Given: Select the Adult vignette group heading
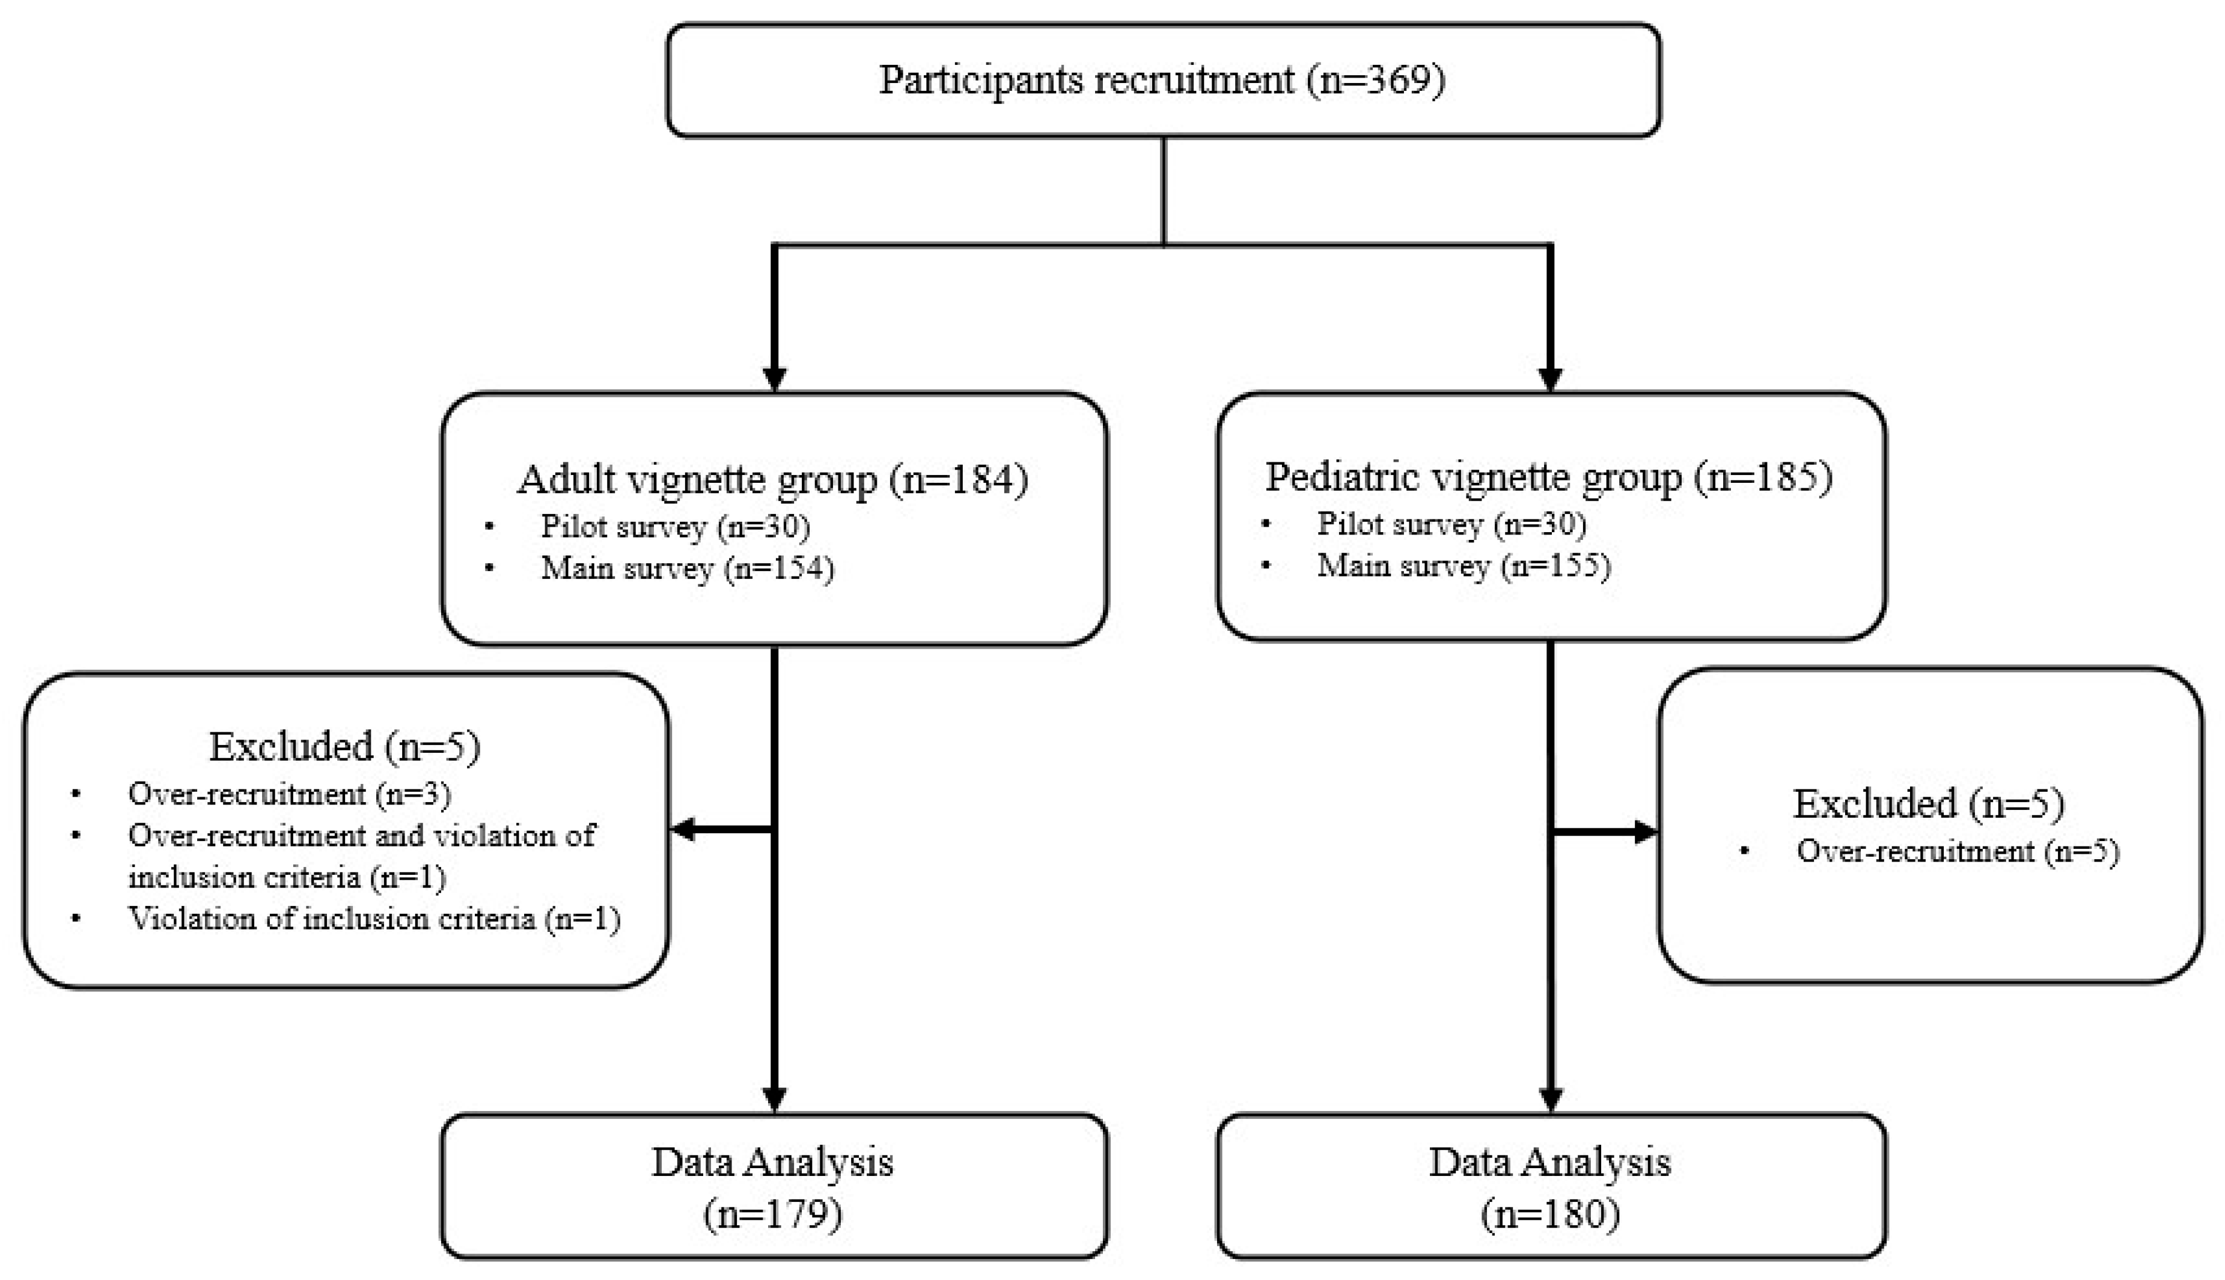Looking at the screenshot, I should [x=772, y=480].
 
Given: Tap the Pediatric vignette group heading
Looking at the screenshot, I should [x=1548, y=477].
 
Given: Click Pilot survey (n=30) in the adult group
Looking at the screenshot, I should [x=674, y=527].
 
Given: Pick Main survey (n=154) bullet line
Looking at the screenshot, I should [x=686, y=569].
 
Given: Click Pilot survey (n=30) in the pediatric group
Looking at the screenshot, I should [x=1451, y=524].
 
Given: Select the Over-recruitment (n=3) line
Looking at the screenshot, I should [x=289, y=794].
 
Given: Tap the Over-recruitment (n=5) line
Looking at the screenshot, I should [x=1957, y=851].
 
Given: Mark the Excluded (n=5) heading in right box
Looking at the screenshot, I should [x=1928, y=803].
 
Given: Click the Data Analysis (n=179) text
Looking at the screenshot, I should [x=772, y=1187].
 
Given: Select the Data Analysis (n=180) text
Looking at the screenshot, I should [x=1550, y=1187].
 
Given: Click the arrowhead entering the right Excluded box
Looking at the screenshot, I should [x=1644, y=831].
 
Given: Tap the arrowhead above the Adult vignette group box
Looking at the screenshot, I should [x=774, y=379].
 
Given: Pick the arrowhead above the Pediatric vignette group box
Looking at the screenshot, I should [x=1550, y=379].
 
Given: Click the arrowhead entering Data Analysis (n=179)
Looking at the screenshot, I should [x=774, y=1099].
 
